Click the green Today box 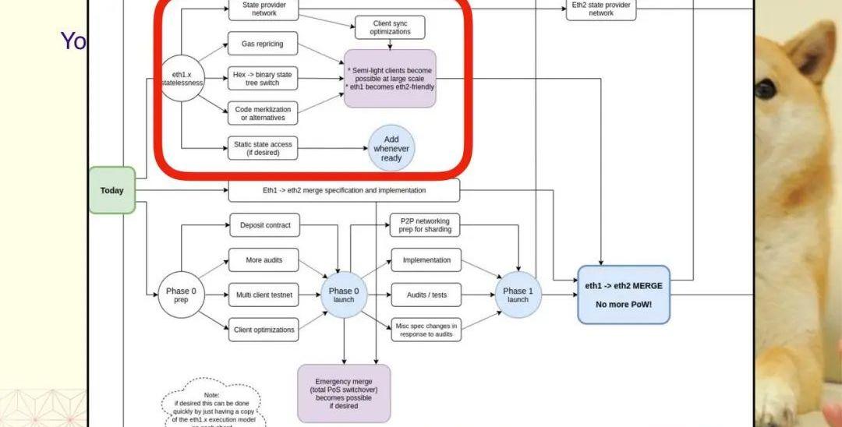pos(112,190)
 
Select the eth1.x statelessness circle pos(182,78)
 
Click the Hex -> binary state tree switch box pos(263,79)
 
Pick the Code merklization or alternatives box pos(263,114)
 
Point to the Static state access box pos(263,148)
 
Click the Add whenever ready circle pos(391,148)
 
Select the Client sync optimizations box pos(391,28)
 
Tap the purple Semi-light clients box pos(390,79)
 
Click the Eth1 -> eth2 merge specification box pos(344,190)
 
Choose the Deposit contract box pos(264,225)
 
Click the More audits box pos(264,260)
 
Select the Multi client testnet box pos(264,295)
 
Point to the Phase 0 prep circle pos(181,295)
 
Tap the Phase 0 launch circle pos(344,295)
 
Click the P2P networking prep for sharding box pos(425,225)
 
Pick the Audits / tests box pos(426,295)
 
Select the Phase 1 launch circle pos(518,295)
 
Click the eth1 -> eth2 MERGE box pos(623,295)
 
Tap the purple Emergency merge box pos(344,393)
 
